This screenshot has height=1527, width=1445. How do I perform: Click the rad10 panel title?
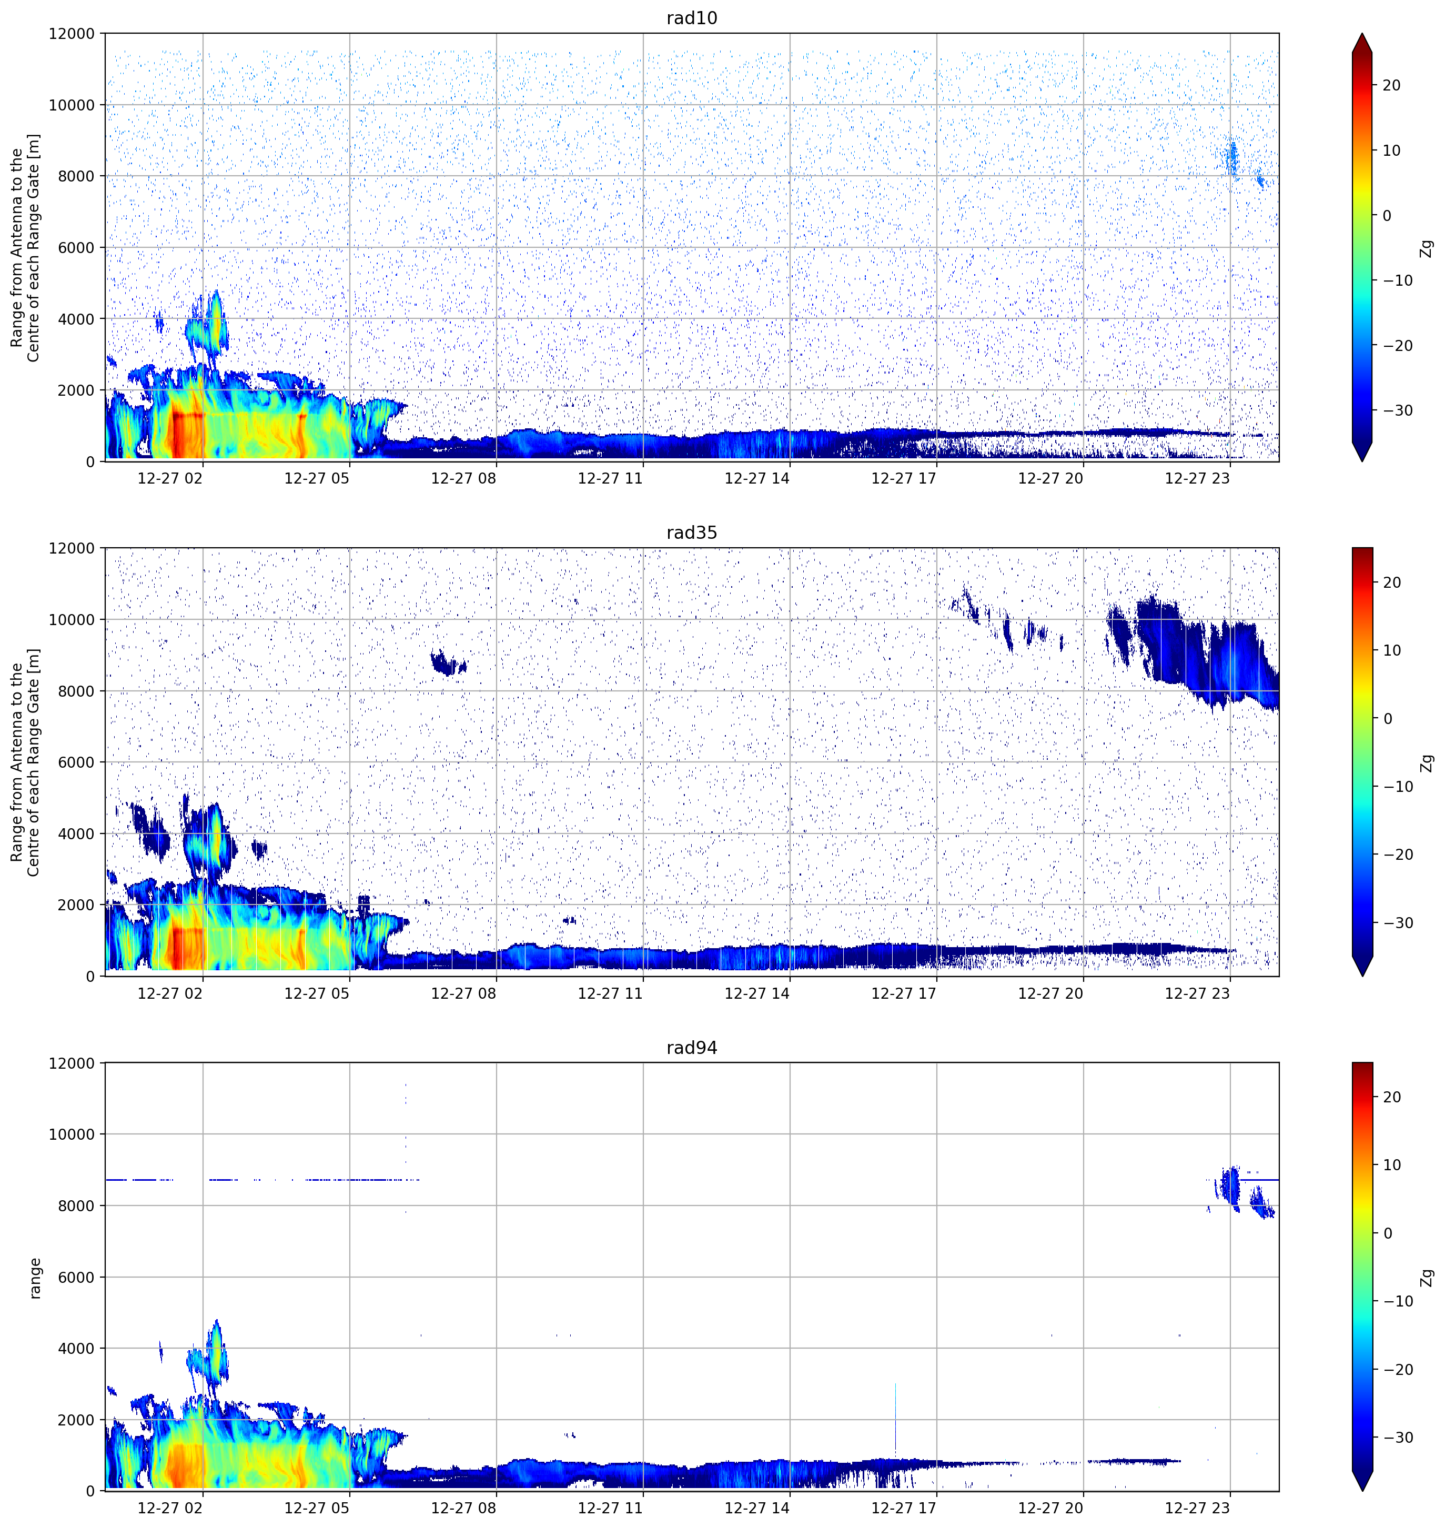[692, 18]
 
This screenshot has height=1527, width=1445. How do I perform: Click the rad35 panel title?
[692, 533]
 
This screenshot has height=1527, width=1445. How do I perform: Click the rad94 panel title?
[692, 1048]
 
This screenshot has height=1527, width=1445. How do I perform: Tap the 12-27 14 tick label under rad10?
[757, 478]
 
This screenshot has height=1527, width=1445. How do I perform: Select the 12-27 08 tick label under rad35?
[464, 993]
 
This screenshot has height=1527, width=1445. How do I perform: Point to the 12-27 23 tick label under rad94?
[1197, 1508]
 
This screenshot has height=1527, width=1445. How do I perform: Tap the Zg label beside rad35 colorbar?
[1427, 763]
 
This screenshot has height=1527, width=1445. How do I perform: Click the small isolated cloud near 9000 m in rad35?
[448, 662]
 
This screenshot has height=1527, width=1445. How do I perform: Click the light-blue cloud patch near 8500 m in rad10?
[1231, 158]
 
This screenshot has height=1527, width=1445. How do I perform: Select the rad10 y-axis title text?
[25, 247]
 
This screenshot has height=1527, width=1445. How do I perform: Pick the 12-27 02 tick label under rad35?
[170, 993]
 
